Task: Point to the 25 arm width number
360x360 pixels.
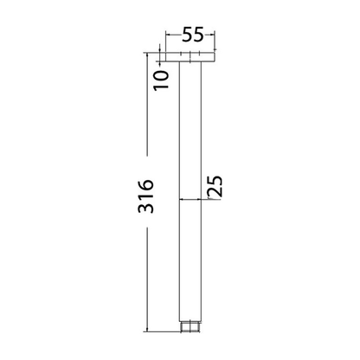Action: (215, 185)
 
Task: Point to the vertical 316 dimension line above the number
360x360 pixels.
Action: (146, 112)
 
